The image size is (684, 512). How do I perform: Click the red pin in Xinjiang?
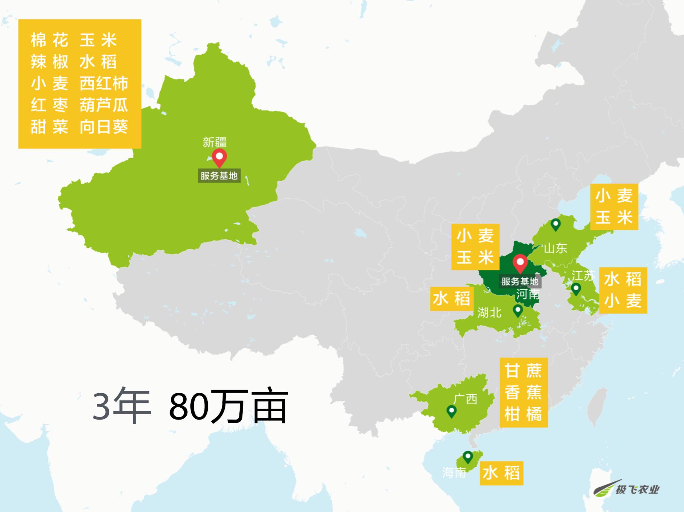coord(219,157)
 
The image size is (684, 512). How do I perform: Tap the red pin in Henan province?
coord(520,263)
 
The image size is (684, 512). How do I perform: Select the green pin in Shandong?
coord(556,224)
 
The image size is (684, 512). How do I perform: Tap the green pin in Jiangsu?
coord(576,289)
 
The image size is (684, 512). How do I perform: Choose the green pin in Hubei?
coord(518,310)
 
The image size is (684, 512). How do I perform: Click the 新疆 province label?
coord(215,142)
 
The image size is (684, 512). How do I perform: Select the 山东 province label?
coord(556,248)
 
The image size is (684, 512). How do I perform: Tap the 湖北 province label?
coord(489,312)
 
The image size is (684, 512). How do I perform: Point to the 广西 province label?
coord(465,399)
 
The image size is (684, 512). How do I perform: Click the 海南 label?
coord(454,473)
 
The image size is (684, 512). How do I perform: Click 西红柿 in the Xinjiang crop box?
coord(104,84)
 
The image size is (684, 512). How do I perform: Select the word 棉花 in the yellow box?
coord(50,40)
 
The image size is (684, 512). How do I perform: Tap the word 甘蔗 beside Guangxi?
coord(523,371)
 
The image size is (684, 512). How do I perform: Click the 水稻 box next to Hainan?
coord(501,473)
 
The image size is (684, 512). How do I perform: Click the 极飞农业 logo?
coord(627,490)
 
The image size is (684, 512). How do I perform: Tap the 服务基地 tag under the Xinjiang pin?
coord(219,176)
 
